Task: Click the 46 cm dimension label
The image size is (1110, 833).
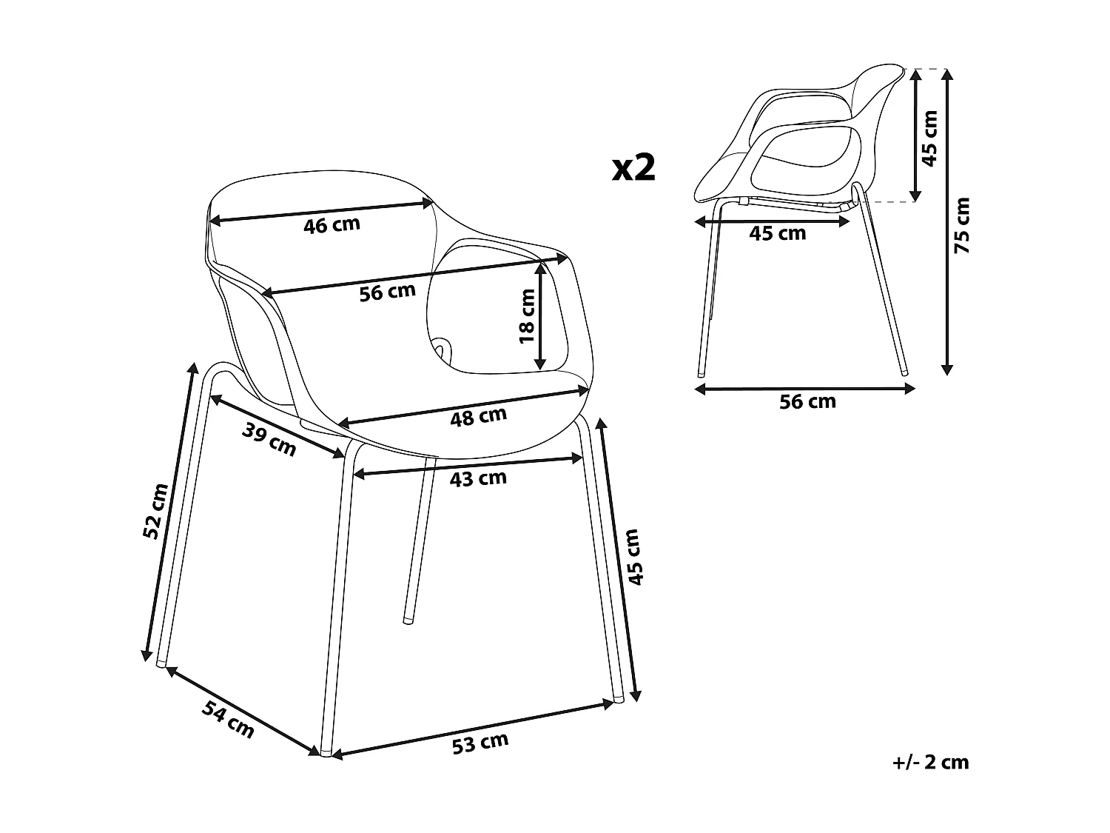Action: coord(332,224)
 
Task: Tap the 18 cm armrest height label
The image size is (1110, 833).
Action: coord(526,316)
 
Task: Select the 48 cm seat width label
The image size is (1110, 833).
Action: coord(478,418)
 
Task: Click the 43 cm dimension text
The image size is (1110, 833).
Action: coord(478,479)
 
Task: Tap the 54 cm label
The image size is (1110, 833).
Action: coord(228,719)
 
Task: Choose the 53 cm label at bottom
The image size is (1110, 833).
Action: coord(480,743)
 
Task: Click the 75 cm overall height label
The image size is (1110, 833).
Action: coord(962,225)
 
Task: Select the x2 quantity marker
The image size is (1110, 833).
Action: coord(634,168)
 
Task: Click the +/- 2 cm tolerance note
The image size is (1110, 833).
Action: coord(930,762)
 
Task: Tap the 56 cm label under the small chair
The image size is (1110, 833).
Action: coord(807,402)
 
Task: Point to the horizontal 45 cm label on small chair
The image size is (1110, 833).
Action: coord(777,234)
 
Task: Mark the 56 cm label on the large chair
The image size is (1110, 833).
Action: coord(387,293)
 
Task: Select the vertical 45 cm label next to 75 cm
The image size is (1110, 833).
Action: coord(930,138)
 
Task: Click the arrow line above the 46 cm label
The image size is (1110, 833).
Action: coord(322,210)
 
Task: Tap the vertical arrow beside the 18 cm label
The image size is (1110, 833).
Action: coord(542,318)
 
